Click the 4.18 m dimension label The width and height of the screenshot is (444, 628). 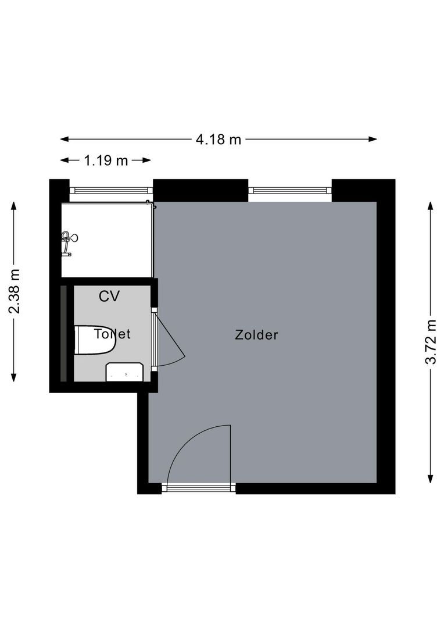pyautogui.click(x=218, y=140)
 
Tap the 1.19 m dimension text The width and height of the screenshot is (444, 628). pyautogui.click(x=106, y=160)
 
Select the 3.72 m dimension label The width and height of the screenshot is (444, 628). pyautogui.click(x=431, y=342)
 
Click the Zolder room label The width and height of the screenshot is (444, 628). pyautogui.click(x=256, y=334)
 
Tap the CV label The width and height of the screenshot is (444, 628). pyautogui.click(x=109, y=297)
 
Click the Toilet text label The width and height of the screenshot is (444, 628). pyautogui.click(x=112, y=334)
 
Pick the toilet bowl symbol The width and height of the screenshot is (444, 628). pyautogui.click(x=95, y=340)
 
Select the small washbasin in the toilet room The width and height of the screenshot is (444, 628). pyautogui.click(x=124, y=372)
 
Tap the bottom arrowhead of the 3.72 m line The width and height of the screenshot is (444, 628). pyautogui.click(x=431, y=479)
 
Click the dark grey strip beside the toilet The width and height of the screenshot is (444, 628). pyautogui.click(x=64, y=333)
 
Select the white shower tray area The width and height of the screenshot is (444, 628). pyautogui.click(x=107, y=240)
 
